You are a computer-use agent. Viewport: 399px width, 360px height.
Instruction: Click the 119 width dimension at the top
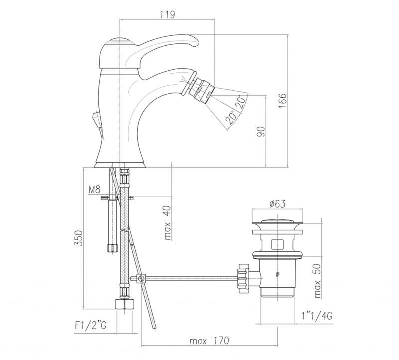click(x=167, y=15)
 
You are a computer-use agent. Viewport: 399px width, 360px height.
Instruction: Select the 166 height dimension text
click(x=282, y=101)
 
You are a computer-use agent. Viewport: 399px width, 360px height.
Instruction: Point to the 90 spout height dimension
click(x=261, y=131)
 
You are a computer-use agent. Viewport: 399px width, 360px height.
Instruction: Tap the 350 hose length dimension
click(x=79, y=238)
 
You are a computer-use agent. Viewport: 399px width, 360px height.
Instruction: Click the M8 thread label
click(x=94, y=189)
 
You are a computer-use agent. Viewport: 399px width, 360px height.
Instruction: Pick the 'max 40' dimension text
click(x=167, y=222)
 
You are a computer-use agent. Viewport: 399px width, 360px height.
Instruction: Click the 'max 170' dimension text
click(x=209, y=341)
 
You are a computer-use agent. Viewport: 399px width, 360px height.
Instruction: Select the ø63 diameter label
click(x=277, y=204)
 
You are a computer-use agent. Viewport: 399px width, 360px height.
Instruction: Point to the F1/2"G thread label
click(x=90, y=325)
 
